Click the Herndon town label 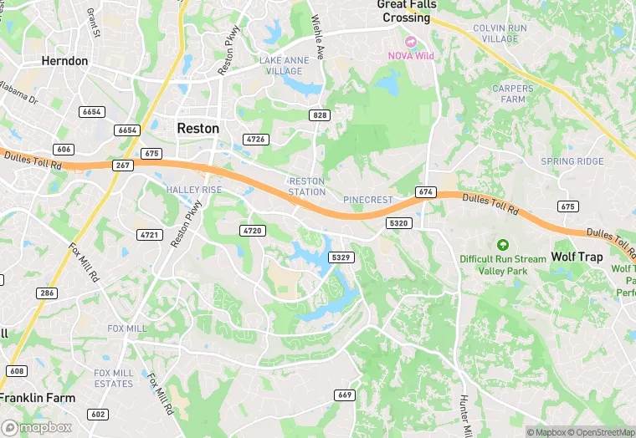point(64,61)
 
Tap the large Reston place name point(198,129)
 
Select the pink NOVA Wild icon point(410,41)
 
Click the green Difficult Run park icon point(502,245)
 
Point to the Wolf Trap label point(577,257)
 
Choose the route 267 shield point(123,166)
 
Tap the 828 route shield point(319,115)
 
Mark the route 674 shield point(426,192)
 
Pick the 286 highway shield point(46,293)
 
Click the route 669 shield point(343,394)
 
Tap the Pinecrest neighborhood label point(367,200)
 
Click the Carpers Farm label point(512,94)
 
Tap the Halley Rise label point(194,190)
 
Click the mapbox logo point(37,426)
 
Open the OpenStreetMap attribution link point(599,432)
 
